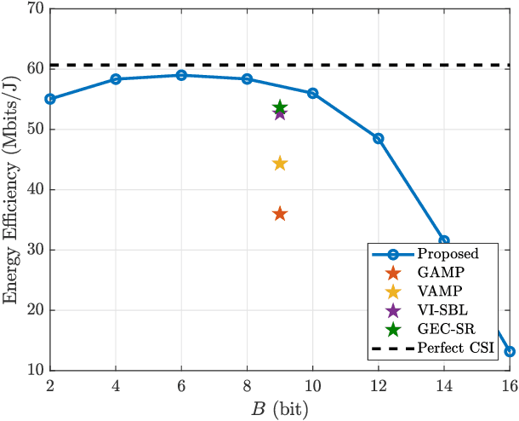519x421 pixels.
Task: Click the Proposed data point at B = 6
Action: [x=181, y=75]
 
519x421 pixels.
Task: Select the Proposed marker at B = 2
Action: [x=50, y=99]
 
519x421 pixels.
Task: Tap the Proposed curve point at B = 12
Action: [x=378, y=138]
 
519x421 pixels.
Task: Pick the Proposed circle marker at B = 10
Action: [x=312, y=93]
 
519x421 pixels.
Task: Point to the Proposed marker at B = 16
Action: [x=509, y=351]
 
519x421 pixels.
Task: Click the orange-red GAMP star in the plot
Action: [x=280, y=214]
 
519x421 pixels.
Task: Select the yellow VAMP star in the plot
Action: [x=280, y=163]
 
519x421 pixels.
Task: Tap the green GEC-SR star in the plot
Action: [x=280, y=107]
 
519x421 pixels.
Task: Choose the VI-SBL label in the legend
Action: [x=440, y=310]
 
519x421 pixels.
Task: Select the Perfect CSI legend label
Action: [x=456, y=348]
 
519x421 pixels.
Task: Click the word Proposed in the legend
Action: [x=448, y=254]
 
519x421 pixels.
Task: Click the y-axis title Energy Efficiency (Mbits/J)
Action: [x=12, y=189]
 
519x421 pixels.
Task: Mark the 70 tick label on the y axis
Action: [x=35, y=9]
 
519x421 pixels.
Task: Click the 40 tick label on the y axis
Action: [x=35, y=190]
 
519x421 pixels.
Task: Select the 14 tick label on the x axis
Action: [x=443, y=385]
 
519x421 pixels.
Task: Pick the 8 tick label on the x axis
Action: [x=247, y=385]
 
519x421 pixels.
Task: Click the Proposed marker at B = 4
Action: [x=116, y=79]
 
